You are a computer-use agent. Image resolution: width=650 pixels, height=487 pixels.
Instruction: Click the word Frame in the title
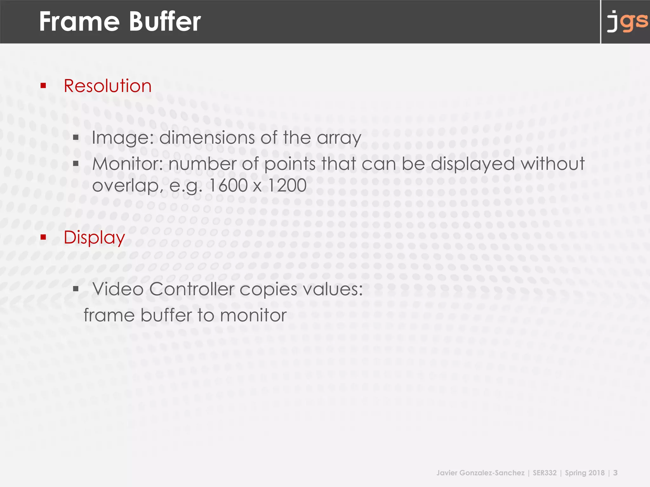pyautogui.click(x=79, y=22)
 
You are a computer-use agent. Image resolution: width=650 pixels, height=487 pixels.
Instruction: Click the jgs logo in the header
pyautogui.click(x=627, y=22)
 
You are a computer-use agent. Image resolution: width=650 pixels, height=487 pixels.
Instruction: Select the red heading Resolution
pyautogui.click(x=108, y=86)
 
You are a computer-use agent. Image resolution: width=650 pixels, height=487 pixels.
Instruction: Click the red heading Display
pyautogui.click(x=94, y=237)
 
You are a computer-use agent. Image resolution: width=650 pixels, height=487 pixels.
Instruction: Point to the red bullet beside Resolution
pyautogui.click(x=43, y=85)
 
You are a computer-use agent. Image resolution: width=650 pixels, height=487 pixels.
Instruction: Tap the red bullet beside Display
pyautogui.click(x=43, y=237)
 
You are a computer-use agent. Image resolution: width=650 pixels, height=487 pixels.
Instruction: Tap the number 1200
pyautogui.click(x=287, y=185)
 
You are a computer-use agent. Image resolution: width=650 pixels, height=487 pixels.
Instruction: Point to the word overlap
pyautogui.click(x=126, y=186)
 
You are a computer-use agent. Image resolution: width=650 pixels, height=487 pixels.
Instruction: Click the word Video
pyautogui.click(x=118, y=289)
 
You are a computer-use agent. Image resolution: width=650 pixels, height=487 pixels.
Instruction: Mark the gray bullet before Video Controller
pyautogui.click(x=76, y=289)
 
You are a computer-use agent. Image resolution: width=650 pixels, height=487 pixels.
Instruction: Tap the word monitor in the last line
pyautogui.click(x=253, y=315)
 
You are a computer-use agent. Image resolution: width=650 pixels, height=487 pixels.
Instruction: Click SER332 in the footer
pyautogui.click(x=545, y=473)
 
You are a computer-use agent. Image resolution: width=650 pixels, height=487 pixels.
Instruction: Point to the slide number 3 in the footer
pyautogui.click(x=615, y=473)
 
